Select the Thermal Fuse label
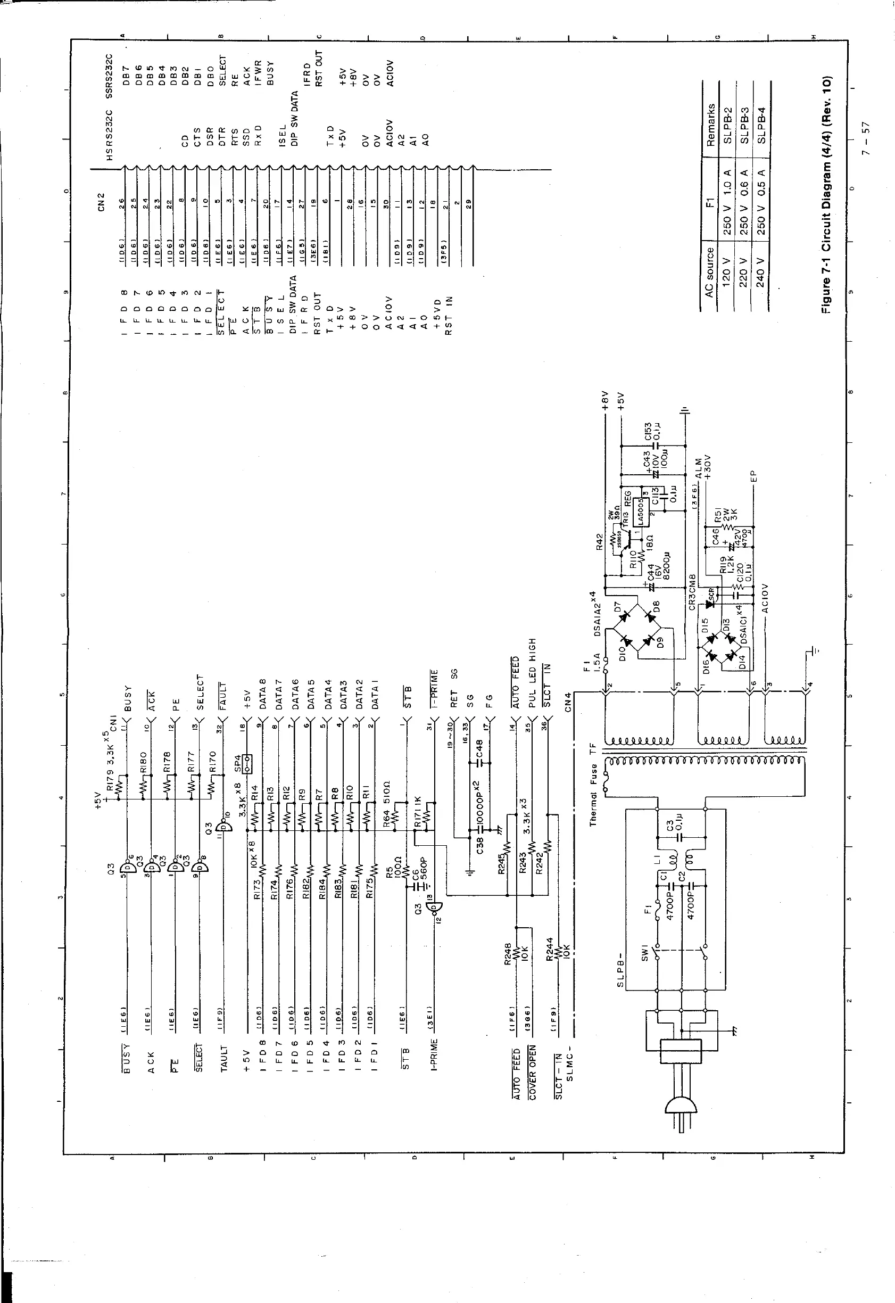click(x=594, y=795)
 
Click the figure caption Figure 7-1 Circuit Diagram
click(x=826, y=194)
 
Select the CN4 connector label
click(x=568, y=702)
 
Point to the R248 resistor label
click(x=509, y=954)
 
